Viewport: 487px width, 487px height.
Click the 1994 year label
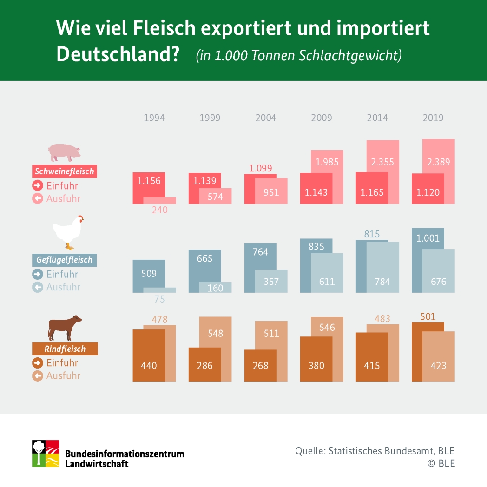pyautogui.click(x=154, y=118)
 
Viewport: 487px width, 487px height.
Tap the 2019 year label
pyautogui.click(x=433, y=118)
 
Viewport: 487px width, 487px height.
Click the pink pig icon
pyautogui.click(x=64, y=151)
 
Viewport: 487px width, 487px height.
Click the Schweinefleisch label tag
pyautogui.click(x=64, y=171)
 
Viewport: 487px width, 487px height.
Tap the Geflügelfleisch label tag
pyautogui.click(x=64, y=260)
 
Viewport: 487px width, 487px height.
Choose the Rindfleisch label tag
pyautogui.click(x=65, y=349)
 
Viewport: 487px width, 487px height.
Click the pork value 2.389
pyautogui.click(x=438, y=162)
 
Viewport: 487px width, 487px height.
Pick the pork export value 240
pyautogui.click(x=159, y=210)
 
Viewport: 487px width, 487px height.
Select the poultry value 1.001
pyautogui.click(x=428, y=238)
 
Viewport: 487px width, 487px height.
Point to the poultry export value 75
pyautogui.click(x=159, y=299)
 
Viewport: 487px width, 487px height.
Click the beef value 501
pyautogui.click(x=428, y=317)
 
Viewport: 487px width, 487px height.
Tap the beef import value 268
pyautogui.click(x=260, y=365)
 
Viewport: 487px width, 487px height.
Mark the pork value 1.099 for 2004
pyautogui.click(x=260, y=168)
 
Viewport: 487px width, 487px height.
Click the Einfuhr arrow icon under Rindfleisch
pyautogui.click(x=37, y=362)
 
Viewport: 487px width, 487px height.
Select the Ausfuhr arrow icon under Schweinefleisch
pyautogui.click(x=37, y=198)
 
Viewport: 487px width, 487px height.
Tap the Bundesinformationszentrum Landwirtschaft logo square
pyautogui.click(x=45, y=453)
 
